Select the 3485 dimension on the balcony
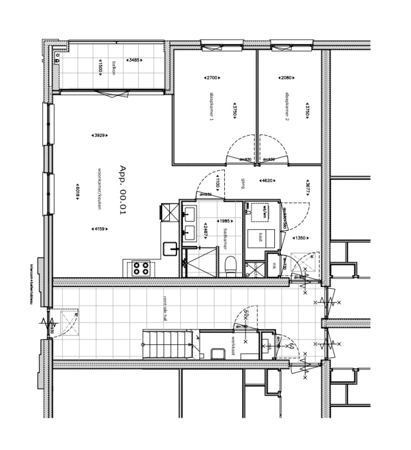point(134,60)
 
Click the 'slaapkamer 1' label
point(211,106)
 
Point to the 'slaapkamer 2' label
point(287,106)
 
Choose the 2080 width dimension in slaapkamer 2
point(285,78)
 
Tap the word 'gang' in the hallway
point(238,183)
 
